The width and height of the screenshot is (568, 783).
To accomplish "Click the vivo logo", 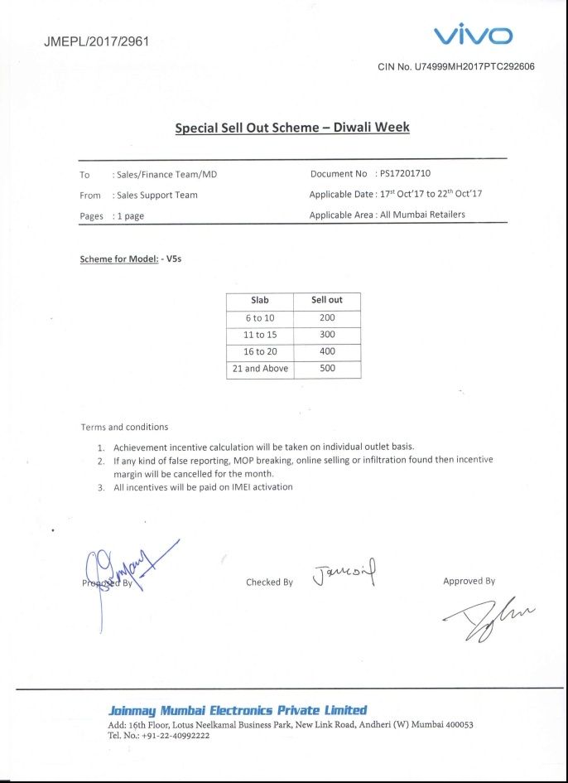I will click(473, 35).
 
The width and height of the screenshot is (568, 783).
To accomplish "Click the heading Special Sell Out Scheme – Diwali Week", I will click(292, 128).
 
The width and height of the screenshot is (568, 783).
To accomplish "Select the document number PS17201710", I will click(405, 174).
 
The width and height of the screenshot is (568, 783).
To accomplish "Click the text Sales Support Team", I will click(157, 196).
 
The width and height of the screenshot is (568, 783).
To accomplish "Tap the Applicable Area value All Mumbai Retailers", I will click(422, 215).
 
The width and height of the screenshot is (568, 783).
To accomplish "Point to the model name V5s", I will click(174, 259).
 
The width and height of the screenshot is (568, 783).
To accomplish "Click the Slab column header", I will click(259, 300).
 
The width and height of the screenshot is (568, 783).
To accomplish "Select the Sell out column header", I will click(326, 300).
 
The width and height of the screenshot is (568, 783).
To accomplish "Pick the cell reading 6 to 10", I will click(259, 318).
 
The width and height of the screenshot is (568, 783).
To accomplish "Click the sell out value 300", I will click(327, 335).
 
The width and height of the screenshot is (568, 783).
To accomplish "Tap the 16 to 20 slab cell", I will click(260, 351).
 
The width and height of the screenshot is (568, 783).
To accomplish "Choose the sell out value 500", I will click(327, 369).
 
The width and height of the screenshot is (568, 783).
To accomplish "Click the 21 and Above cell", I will click(260, 369).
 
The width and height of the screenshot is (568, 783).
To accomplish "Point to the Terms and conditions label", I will click(124, 428).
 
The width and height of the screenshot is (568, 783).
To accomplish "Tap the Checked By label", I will click(269, 582).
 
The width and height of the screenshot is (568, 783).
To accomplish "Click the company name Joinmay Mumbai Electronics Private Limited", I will click(238, 711).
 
